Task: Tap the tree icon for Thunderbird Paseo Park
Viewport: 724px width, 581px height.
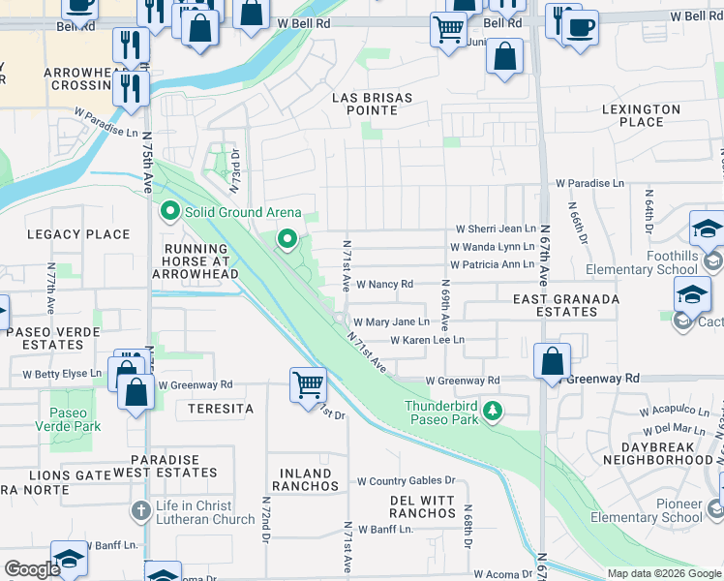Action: [494, 412]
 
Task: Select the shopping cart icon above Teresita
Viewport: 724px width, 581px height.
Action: [308, 384]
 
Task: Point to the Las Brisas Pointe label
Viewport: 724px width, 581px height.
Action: [373, 105]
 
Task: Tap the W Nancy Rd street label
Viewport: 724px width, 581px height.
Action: [384, 285]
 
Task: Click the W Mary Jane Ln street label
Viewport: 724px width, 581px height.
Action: [391, 322]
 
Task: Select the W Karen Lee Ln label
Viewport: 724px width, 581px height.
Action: [428, 341]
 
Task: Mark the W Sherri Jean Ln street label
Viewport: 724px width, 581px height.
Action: [496, 229]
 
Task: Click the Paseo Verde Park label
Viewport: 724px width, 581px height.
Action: [68, 418]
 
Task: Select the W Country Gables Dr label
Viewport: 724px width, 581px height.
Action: [406, 481]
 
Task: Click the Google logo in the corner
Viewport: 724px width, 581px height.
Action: [32, 569]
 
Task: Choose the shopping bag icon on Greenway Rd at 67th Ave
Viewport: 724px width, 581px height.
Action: [552, 362]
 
